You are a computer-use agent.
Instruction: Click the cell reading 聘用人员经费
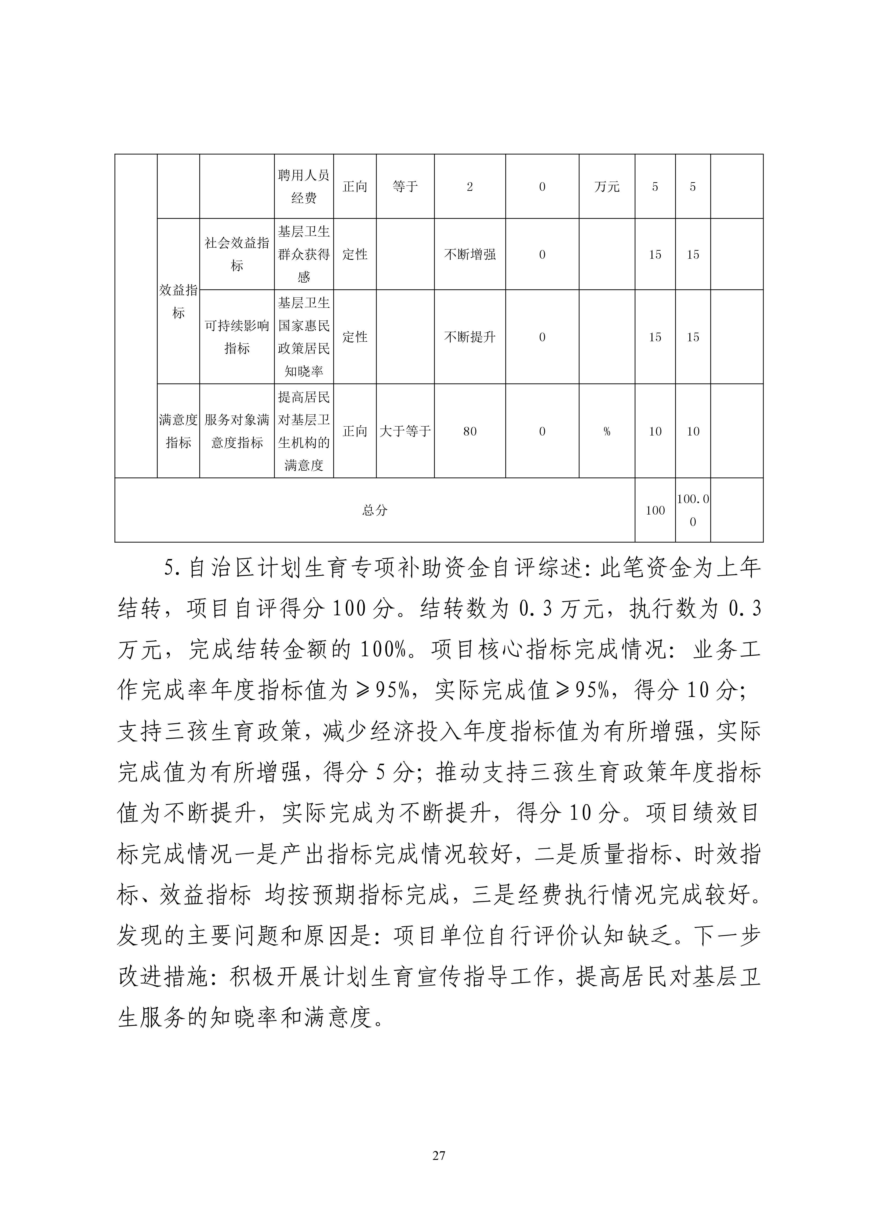[304, 187]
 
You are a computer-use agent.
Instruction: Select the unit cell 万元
[607, 187]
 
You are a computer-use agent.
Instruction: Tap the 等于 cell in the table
[405, 187]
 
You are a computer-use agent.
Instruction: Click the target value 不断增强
[470, 255]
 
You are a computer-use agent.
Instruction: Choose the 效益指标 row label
[178, 301]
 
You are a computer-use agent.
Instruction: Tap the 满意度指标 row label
[178, 431]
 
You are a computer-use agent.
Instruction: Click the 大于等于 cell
[405, 431]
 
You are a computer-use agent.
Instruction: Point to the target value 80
[470, 431]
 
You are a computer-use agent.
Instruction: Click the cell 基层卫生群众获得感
[304, 254]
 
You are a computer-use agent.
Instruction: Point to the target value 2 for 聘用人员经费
[470, 187]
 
